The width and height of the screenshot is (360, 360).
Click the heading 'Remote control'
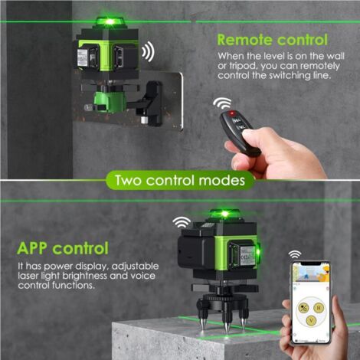pyautogui.click(x=272, y=40)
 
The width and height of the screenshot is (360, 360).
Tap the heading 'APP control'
pyautogui.click(x=63, y=248)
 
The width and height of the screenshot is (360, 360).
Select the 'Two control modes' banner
pyautogui.click(x=180, y=180)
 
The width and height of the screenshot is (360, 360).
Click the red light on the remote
pyautogui.click(x=232, y=113)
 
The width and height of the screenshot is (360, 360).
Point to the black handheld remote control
pyautogui.click(x=240, y=133)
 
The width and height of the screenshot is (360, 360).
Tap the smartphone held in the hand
pyautogui.click(x=311, y=302)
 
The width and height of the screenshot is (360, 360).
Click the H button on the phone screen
pyautogui.click(x=319, y=308)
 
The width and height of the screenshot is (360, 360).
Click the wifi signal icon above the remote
pyautogui.click(x=222, y=103)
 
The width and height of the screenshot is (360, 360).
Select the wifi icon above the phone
pyautogui.click(x=295, y=254)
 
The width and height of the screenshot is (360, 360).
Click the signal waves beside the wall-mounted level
pyautogui.click(x=149, y=52)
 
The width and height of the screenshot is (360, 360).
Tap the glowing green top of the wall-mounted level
pyautogui.click(x=110, y=21)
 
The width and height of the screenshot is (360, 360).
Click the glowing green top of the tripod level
pyautogui.click(x=224, y=214)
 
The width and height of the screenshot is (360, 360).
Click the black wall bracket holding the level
pyautogui.click(x=147, y=103)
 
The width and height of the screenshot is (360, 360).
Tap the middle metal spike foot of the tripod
pyautogui.click(x=226, y=326)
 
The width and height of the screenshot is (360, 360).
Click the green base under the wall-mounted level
pyautogui.click(x=110, y=101)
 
